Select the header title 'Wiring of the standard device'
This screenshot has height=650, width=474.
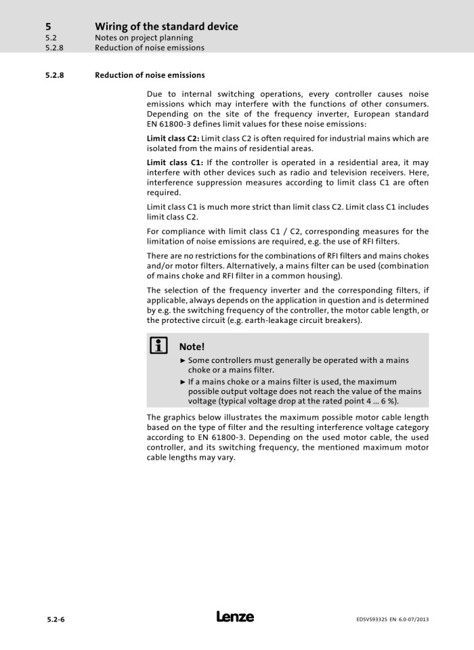pos(166,26)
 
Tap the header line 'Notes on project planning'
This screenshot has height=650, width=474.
pos(144,38)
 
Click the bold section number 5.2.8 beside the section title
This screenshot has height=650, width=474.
pos(54,75)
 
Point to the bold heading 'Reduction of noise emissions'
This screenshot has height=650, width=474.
pos(150,75)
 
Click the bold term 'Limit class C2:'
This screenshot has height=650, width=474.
pos(173,138)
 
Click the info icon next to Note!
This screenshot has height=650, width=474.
pos(159,346)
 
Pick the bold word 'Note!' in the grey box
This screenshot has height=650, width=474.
pos(192,347)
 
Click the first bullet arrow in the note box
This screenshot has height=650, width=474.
pos(183,361)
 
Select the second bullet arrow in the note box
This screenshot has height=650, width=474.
pos(183,382)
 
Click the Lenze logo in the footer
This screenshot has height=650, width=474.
pos(235,617)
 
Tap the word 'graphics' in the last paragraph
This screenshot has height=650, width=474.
pos(181,417)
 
